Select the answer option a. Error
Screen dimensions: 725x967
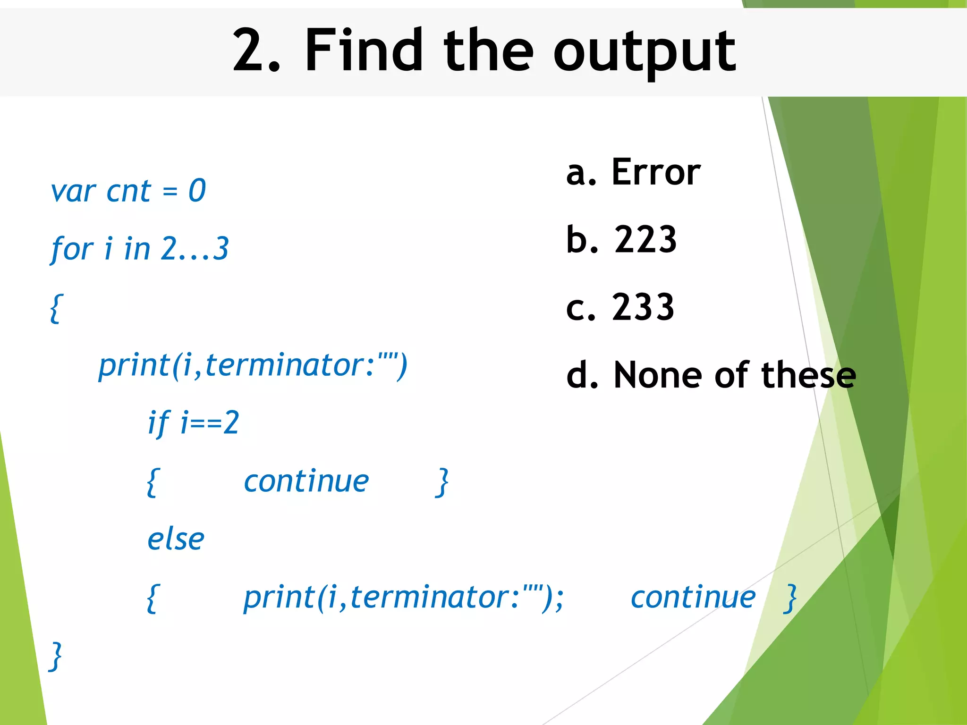[x=633, y=172]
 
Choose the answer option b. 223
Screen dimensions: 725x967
[x=621, y=240]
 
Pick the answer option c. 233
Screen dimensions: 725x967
[x=620, y=307]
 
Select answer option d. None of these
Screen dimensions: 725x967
[x=711, y=375]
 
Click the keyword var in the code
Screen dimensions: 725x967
[x=74, y=192]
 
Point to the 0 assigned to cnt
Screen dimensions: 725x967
[x=197, y=191]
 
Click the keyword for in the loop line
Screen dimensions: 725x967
[x=72, y=249]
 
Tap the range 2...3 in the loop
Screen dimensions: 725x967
[x=195, y=249]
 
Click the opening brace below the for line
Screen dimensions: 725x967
[x=56, y=308]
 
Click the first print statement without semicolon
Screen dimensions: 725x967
[x=253, y=365]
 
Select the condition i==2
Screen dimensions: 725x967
[x=210, y=422]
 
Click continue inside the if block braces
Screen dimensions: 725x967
[x=306, y=482]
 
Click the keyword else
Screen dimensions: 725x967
[x=176, y=540]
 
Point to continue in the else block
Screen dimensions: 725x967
[x=693, y=598]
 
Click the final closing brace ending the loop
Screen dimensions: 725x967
[x=56, y=656]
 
